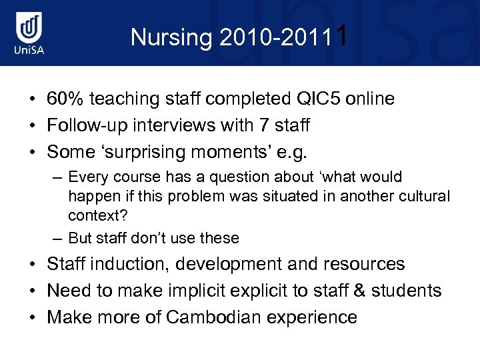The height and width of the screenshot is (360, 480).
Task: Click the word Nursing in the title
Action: click(171, 37)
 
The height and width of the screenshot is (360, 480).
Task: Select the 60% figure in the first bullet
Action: click(65, 99)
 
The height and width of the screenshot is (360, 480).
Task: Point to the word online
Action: click(371, 99)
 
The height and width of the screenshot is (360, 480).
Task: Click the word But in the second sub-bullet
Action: click(81, 238)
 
